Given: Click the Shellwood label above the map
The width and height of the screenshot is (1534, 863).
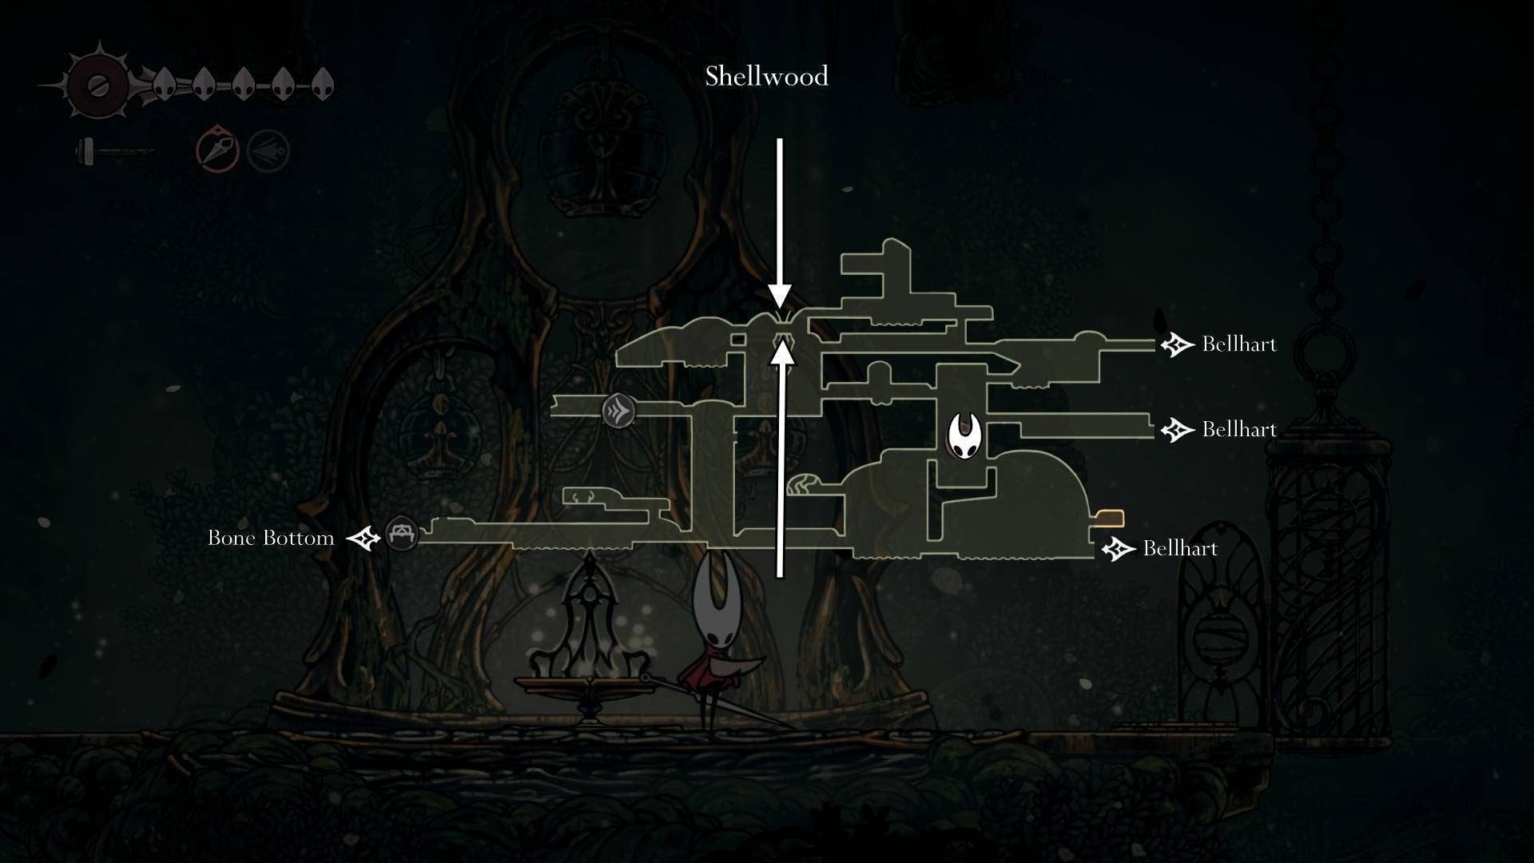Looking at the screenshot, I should [x=766, y=77].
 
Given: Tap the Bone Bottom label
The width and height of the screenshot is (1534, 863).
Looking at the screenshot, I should [x=271, y=538].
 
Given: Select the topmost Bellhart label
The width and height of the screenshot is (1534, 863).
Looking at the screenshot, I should [x=1238, y=344].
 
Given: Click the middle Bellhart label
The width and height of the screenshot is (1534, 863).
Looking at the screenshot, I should [x=1238, y=430].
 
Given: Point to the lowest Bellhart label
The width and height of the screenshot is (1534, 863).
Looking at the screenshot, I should [x=1180, y=548].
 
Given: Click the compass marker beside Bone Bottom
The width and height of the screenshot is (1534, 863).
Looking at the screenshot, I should [x=364, y=538].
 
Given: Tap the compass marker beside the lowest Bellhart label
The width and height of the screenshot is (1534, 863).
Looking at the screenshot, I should [x=1119, y=549].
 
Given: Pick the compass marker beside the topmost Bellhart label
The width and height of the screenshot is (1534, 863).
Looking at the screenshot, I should [x=1177, y=344].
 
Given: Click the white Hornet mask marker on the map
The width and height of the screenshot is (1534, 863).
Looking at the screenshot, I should [x=964, y=435].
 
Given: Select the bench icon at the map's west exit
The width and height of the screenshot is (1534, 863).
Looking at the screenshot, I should [x=401, y=533].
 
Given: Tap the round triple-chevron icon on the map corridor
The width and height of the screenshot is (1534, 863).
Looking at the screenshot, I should [x=618, y=412].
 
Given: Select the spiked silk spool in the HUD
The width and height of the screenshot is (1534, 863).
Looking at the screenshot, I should [x=97, y=85].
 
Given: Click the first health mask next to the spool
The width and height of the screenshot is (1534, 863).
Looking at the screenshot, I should [x=164, y=83].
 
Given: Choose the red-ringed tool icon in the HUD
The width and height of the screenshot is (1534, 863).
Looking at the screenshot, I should [x=217, y=149].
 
